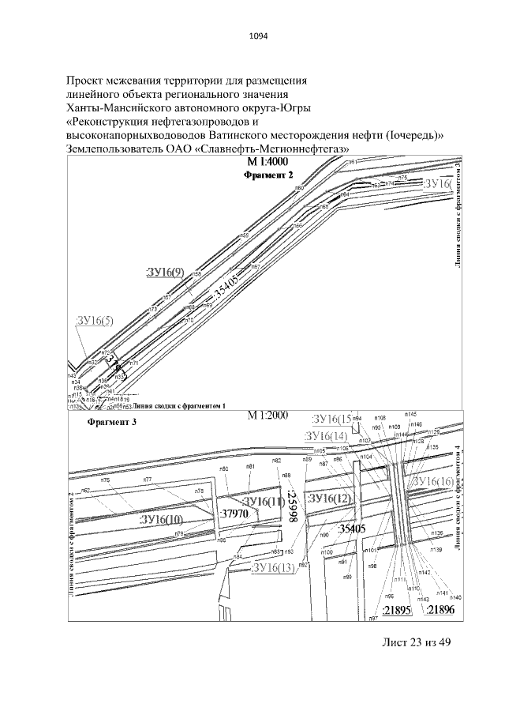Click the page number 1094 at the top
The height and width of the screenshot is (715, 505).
click(x=252, y=34)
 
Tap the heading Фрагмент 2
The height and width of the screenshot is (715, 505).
click(x=268, y=174)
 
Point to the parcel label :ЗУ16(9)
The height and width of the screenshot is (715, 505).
click(x=165, y=273)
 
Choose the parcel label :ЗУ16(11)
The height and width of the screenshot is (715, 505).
click(x=263, y=502)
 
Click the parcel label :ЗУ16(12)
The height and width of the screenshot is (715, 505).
click(x=329, y=499)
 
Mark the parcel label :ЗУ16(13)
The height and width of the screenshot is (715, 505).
click(x=272, y=568)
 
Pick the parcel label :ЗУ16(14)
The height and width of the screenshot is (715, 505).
click(x=326, y=436)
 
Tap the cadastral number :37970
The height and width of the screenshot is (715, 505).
click(x=234, y=514)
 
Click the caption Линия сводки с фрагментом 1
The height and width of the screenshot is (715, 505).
click(x=180, y=405)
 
